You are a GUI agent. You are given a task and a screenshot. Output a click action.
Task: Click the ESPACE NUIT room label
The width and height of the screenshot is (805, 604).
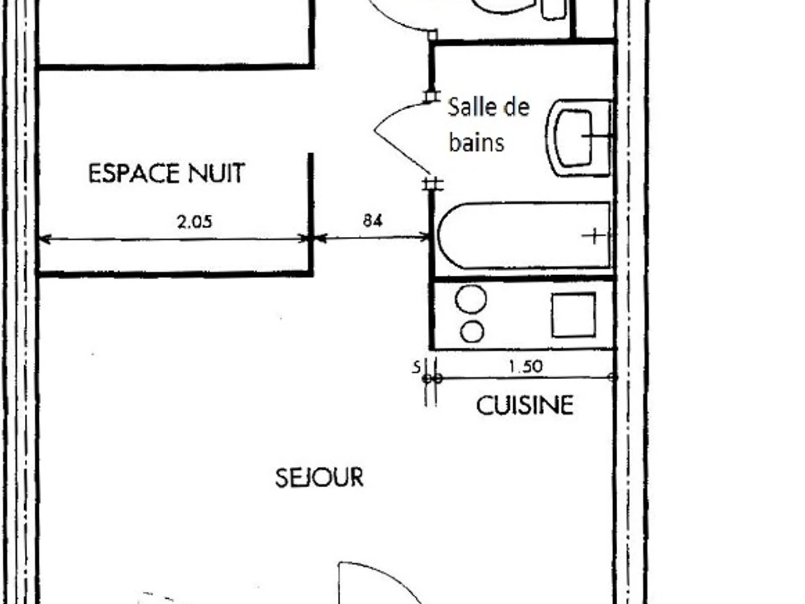(x=167, y=173)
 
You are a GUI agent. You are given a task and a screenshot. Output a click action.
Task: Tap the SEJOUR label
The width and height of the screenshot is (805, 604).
(x=319, y=477)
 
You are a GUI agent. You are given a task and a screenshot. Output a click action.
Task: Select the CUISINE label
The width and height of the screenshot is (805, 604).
(x=525, y=405)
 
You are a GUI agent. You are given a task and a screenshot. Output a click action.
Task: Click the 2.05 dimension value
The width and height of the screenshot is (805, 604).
(x=195, y=222)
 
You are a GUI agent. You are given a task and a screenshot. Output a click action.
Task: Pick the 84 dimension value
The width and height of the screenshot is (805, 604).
(x=372, y=221)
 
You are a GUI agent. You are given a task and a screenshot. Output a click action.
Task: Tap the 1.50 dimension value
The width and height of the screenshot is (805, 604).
(x=525, y=366)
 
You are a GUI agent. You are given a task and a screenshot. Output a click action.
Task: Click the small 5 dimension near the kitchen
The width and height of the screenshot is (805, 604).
(x=417, y=366)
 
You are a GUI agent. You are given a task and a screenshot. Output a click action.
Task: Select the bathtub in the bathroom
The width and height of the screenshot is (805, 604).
(x=524, y=235)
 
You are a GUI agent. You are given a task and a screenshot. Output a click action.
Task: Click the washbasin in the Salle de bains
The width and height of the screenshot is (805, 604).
(x=578, y=138)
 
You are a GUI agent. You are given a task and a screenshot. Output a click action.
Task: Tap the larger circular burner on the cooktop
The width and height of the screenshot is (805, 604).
(x=471, y=299)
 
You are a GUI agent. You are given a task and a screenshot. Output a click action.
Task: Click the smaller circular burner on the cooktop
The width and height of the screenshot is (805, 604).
(x=472, y=331)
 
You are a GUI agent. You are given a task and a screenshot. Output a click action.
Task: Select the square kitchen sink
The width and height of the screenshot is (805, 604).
(x=574, y=315)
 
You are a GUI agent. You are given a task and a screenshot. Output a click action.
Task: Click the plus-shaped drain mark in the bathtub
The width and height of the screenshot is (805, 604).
(x=594, y=236)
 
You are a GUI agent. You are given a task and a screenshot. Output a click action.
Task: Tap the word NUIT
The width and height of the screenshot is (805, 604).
(x=217, y=173)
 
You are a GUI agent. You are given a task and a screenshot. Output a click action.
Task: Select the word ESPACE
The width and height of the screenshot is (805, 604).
(x=134, y=173)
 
